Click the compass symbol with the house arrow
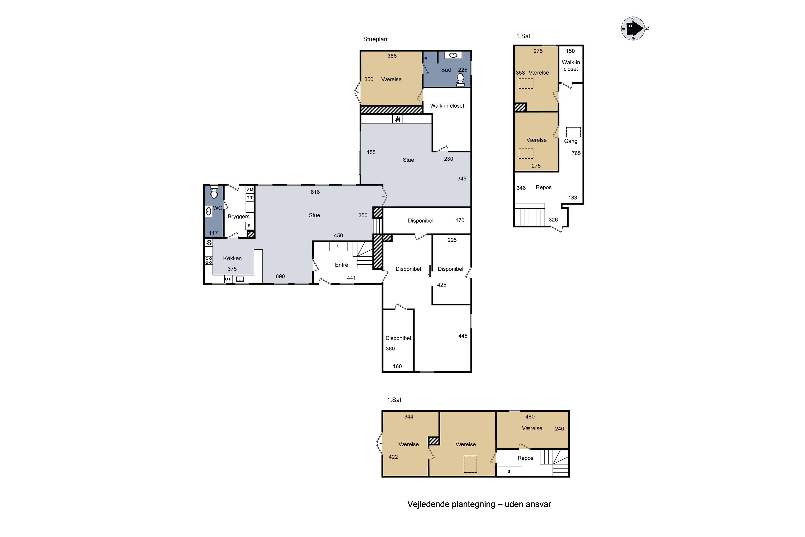634,28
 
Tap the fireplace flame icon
398,119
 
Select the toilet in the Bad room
460,79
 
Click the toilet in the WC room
214,192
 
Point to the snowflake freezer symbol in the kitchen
209,243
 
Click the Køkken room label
232,258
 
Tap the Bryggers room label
239,216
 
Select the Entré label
341,265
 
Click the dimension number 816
315,192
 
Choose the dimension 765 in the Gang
576,153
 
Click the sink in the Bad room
453,55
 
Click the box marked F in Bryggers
249,226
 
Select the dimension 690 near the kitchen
280,276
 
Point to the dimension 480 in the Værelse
530,417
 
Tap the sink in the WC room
208,211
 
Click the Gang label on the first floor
570,141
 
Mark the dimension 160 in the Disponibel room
397,367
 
